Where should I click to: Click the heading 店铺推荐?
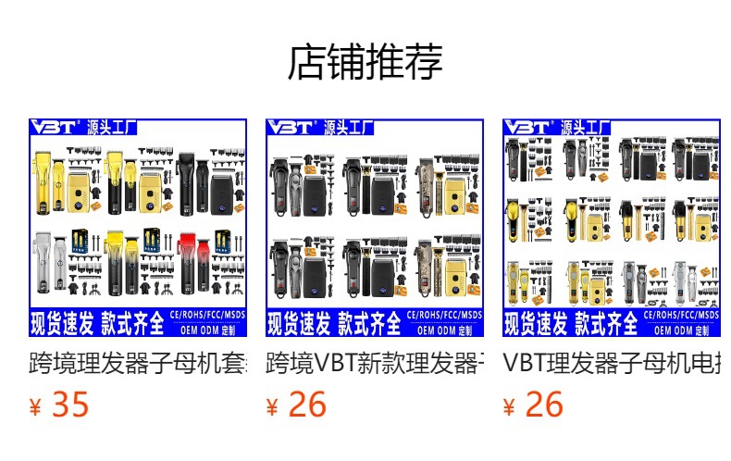point(365,62)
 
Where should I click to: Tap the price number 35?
point(70,405)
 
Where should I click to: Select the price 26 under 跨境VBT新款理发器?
point(307,405)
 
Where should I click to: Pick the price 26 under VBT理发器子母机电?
point(544,405)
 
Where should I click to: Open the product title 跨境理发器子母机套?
point(138,362)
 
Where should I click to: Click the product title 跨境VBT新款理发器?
point(375,362)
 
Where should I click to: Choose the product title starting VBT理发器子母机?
point(612,362)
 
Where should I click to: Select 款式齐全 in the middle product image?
point(368,324)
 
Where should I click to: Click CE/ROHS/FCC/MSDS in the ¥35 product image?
point(208,316)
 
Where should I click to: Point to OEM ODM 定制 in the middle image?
point(444,330)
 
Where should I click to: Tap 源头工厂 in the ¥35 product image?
point(112,128)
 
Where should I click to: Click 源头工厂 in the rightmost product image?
point(586,128)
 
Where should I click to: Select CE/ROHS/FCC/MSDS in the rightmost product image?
point(681,316)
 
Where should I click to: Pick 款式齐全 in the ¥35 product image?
point(132,324)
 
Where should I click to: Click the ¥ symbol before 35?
point(36,407)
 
